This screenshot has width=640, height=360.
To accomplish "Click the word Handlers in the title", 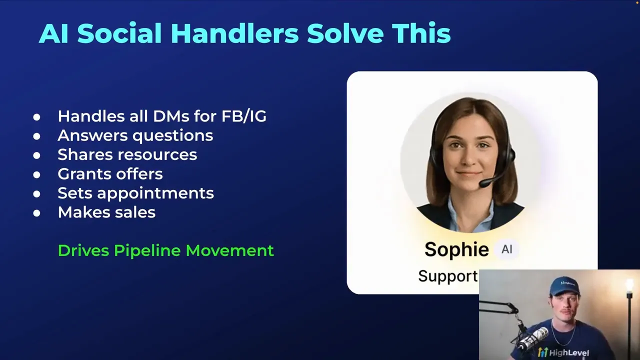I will (x=234, y=33).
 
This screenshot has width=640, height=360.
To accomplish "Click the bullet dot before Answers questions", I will (x=36, y=136).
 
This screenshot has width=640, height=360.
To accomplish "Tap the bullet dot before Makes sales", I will (x=36, y=212).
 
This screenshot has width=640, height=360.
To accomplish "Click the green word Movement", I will (x=229, y=250).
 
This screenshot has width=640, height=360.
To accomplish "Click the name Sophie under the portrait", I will (x=456, y=249).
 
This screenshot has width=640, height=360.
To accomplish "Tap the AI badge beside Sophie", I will (x=506, y=249).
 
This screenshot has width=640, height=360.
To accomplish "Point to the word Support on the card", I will (x=447, y=276).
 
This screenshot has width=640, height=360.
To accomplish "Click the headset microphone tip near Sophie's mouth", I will (x=483, y=184).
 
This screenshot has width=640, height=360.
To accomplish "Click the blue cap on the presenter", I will (x=564, y=286).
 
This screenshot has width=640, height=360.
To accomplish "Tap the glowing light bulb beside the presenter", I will (x=628, y=285).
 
